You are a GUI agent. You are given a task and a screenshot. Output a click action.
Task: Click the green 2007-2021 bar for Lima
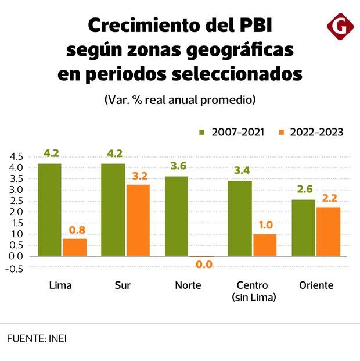[49, 210]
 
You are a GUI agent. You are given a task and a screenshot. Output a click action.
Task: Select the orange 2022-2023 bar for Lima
[74, 247]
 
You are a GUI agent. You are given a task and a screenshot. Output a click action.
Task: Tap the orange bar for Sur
[138, 220]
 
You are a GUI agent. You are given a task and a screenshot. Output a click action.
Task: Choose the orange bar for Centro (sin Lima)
[265, 245]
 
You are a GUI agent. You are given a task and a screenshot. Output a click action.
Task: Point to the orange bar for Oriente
[328, 231]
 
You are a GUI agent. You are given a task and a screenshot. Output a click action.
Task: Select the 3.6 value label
[179, 166]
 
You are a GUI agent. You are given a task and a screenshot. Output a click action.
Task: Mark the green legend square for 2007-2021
[202, 133]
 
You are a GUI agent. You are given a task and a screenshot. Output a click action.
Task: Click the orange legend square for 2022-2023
[282, 133]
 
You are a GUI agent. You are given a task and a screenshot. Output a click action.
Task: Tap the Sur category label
[123, 285]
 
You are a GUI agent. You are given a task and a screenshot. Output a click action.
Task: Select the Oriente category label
[316, 285]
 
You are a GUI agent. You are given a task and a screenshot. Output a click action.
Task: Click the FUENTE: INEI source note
[37, 338]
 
